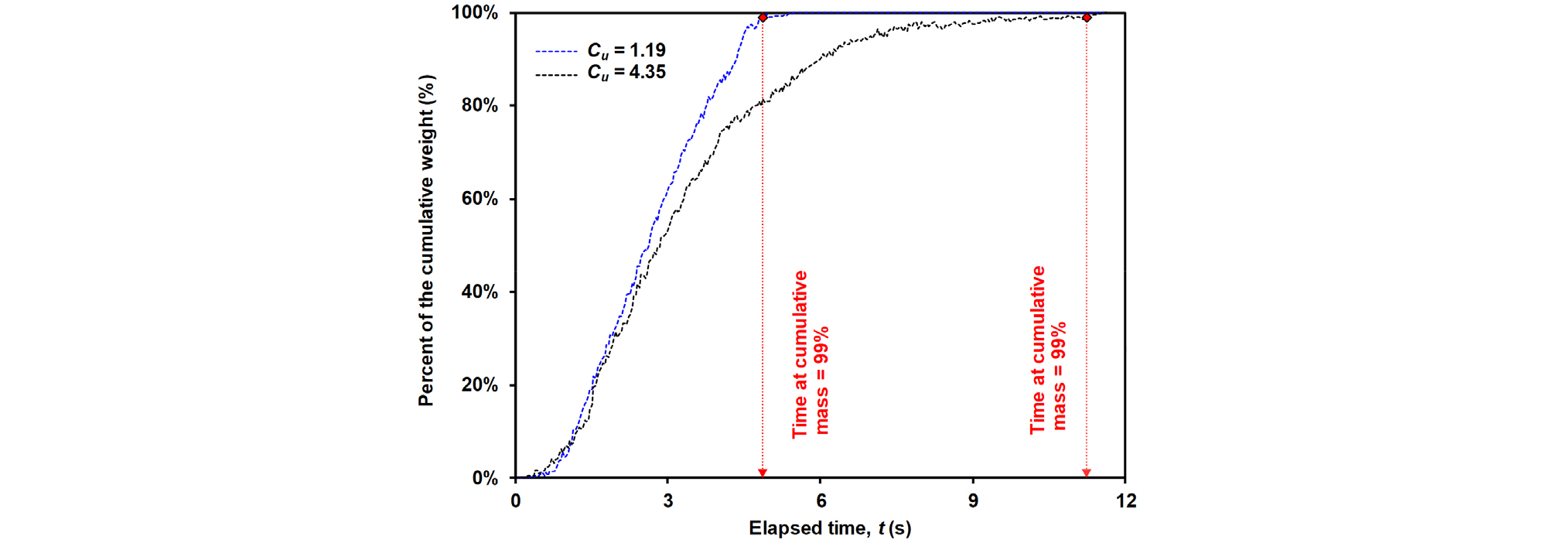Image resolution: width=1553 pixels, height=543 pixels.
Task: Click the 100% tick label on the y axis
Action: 475,12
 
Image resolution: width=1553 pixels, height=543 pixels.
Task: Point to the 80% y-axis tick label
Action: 480,105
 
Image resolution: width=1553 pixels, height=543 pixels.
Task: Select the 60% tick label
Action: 480,199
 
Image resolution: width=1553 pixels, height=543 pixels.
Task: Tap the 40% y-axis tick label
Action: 480,292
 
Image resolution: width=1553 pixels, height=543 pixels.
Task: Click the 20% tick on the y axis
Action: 480,385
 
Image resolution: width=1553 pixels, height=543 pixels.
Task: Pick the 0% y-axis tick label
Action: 485,478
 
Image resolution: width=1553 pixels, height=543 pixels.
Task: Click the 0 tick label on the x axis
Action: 516,501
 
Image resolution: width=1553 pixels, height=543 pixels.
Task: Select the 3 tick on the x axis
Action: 668,501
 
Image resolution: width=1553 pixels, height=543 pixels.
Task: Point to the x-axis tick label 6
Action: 821,501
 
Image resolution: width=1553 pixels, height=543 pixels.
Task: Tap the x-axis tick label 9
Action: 973,501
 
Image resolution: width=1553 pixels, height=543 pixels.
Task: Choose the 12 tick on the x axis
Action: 1125,501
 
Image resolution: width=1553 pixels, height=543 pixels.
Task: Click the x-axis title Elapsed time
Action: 829,528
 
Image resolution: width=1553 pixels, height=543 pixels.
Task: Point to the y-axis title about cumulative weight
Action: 427,240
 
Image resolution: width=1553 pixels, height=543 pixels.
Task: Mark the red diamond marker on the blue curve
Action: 763,17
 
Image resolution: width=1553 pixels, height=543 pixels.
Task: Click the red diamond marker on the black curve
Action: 1087,17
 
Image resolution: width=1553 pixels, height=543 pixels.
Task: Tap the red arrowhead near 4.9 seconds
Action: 763,473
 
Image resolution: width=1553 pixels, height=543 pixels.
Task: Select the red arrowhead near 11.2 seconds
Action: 1087,473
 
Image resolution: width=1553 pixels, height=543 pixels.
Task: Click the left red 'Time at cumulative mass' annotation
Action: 810,354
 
